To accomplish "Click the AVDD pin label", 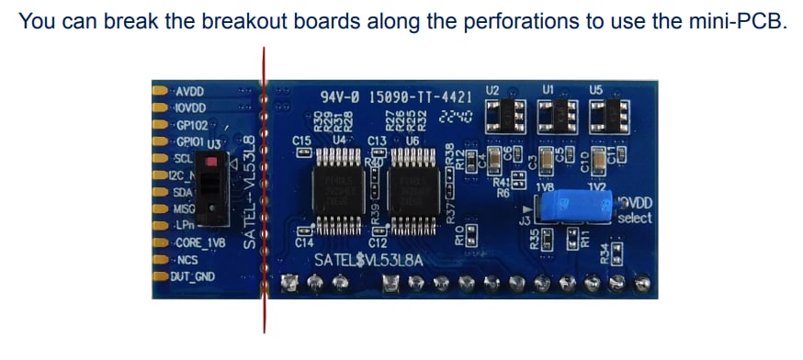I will (x=189, y=92).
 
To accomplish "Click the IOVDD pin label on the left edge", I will (x=189, y=108).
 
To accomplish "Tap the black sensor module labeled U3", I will (x=213, y=189).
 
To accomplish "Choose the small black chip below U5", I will (x=607, y=115).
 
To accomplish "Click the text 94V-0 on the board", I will (x=340, y=96).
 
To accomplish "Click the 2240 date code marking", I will (x=456, y=117).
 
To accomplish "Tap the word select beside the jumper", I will (x=634, y=219).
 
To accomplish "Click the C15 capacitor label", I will (x=301, y=141).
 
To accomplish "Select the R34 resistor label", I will (x=604, y=251).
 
